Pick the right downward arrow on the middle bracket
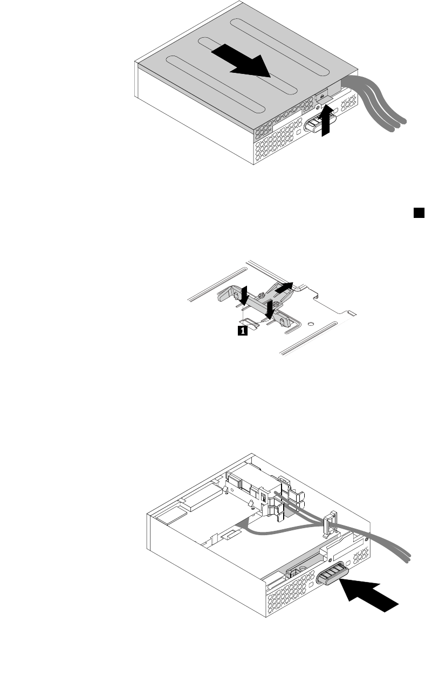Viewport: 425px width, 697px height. click(270, 308)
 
